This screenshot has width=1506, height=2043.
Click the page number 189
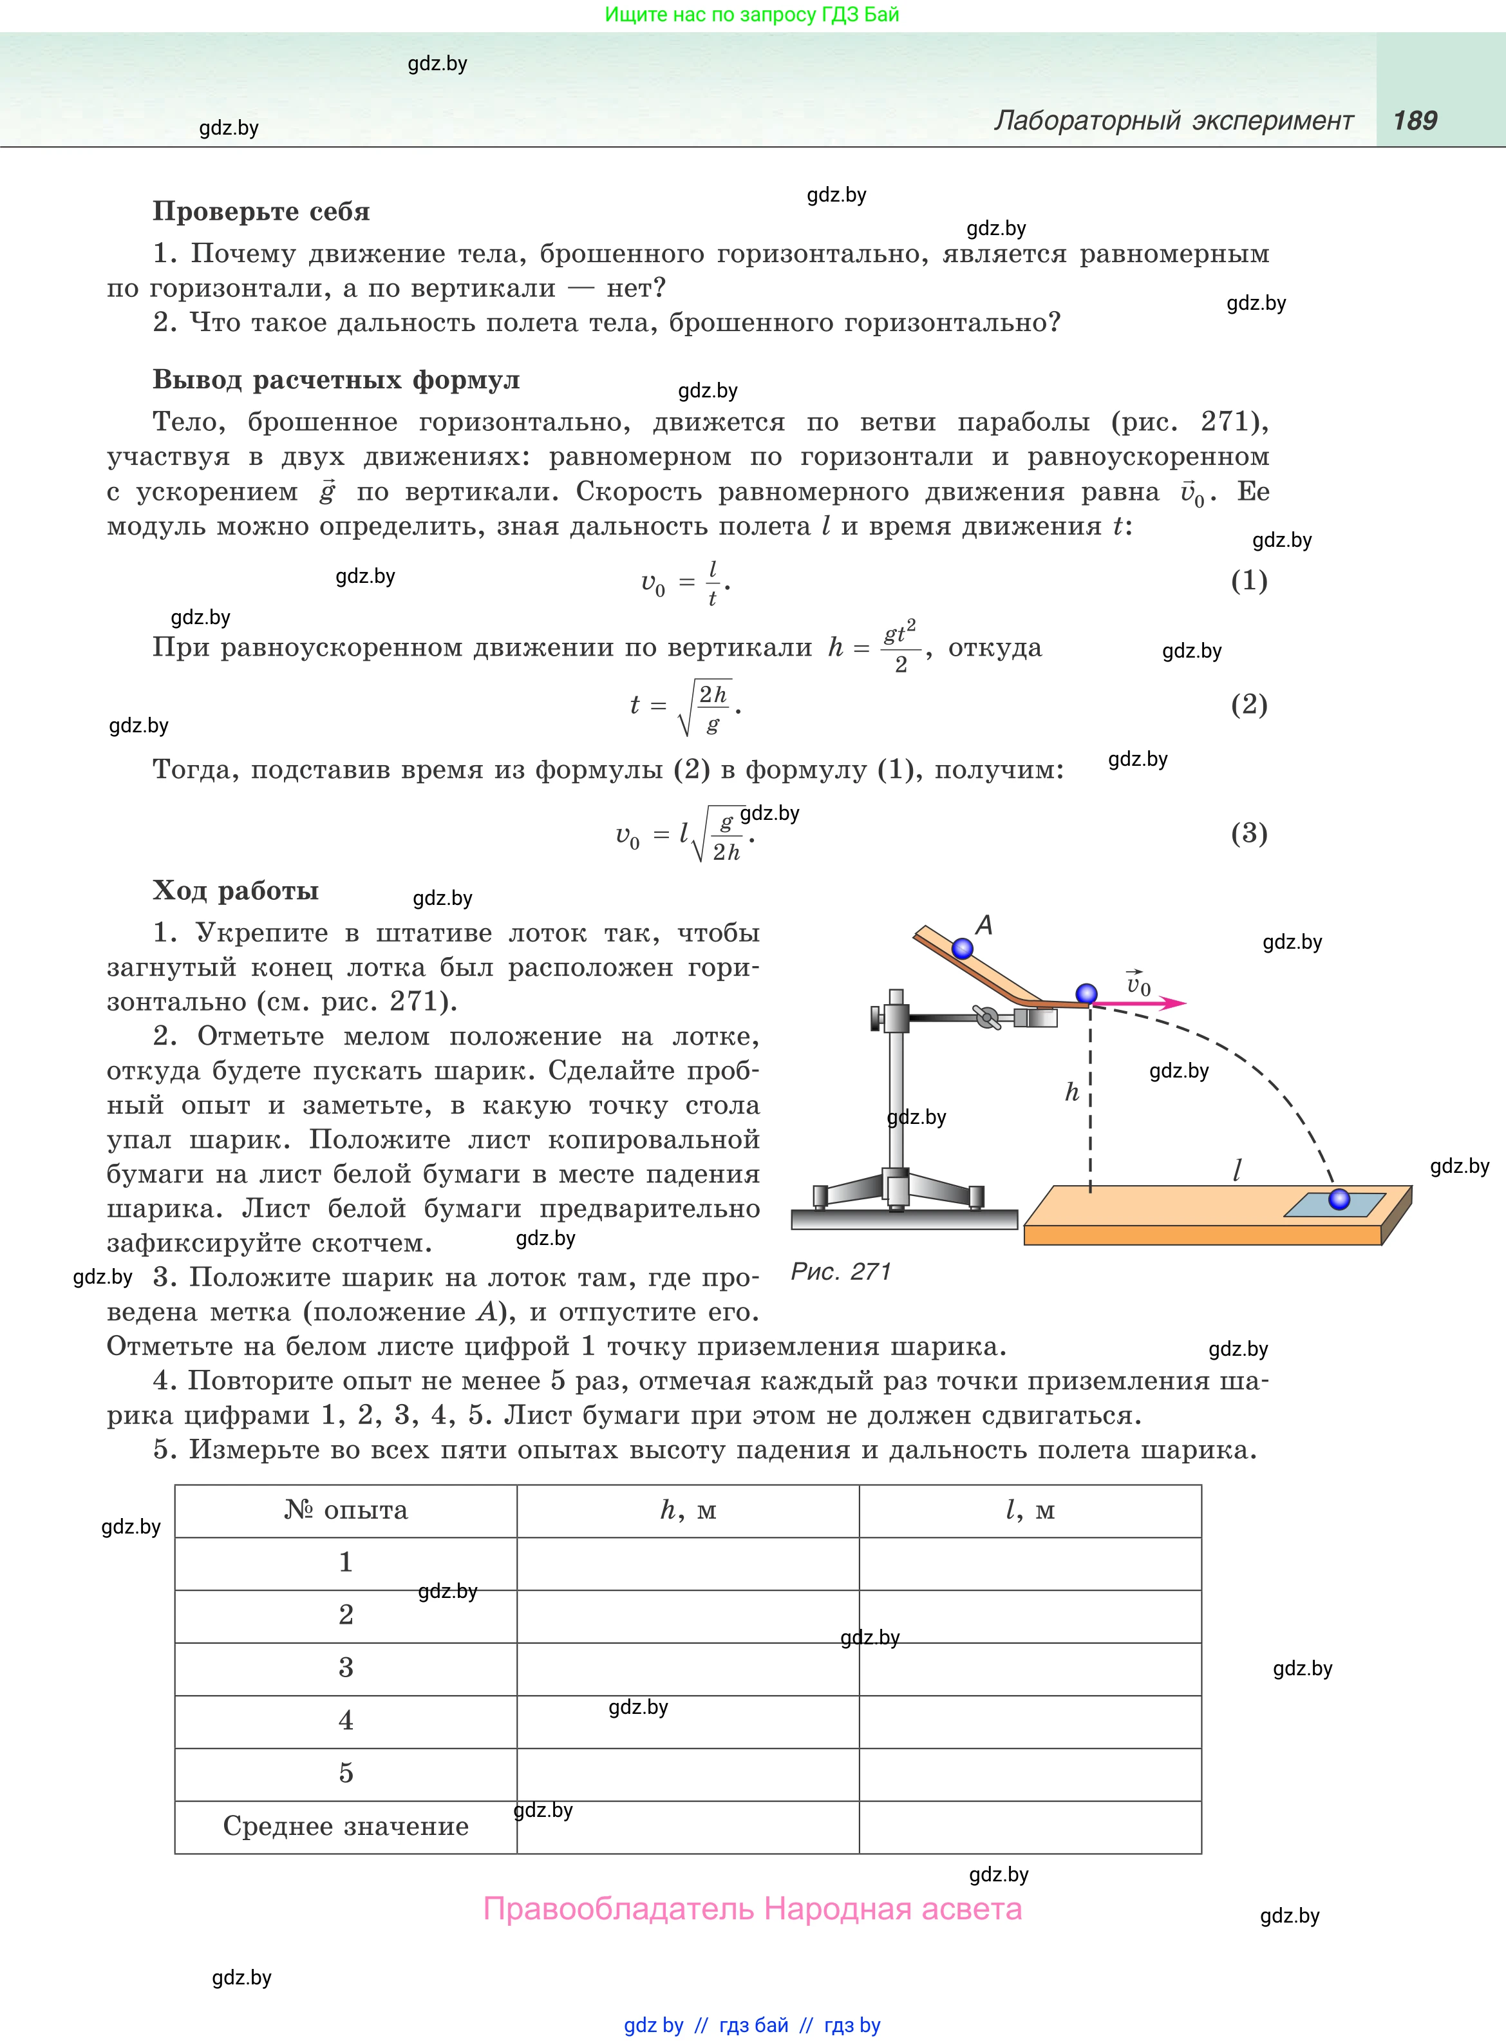click(x=1414, y=120)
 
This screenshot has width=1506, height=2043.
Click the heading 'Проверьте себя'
click(x=261, y=211)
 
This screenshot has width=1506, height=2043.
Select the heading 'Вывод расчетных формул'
click(x=335, y=380)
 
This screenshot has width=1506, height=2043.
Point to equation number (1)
click(x=1248, y=581)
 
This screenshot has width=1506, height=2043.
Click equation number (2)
click(x=1248, y=704)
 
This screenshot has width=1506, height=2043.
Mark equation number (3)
click(x=1248, y=833)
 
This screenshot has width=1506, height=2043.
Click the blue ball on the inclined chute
click(x=962, y=949)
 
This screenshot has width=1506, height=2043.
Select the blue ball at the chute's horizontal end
click(x=1086, y=994)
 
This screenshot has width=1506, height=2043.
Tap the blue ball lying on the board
click(x=1338, y=1199)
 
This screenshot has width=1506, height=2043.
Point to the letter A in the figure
click(x=984, y=926)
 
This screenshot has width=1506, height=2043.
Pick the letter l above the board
click(x=1237, y=1170)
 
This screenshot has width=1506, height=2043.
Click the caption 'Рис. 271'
click(x=840, y=1272)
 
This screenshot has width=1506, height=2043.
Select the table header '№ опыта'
click(x=346, y=1510)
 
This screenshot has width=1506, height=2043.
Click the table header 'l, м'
click(x=1030, y=1510)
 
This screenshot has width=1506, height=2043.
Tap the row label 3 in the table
click(x=346, y=1668)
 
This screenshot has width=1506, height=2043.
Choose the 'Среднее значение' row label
click(x=346, y=1826)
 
